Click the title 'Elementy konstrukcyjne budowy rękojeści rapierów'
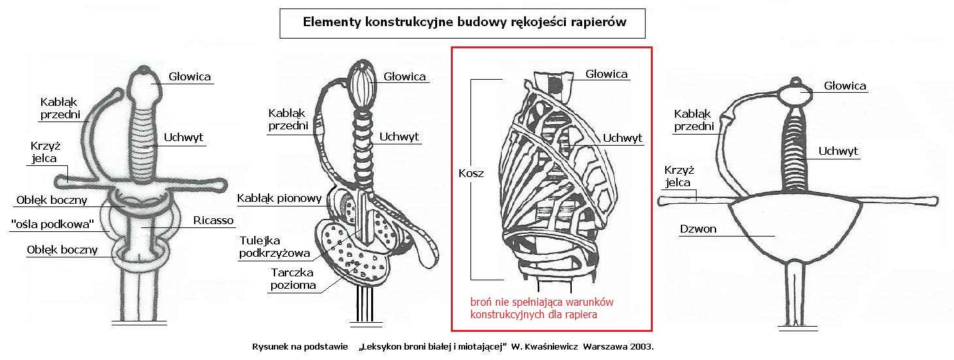point(464,22)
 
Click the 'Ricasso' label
point(213,220)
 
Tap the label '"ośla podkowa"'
point(52,224)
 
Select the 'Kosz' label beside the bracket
point(471,173)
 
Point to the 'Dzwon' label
point(698,229)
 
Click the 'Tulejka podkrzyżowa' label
point(274,247)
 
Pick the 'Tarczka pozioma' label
point(293,279)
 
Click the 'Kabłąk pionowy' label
point(280,198)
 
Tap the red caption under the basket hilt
point(542,308)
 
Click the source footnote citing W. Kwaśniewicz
point(453,347)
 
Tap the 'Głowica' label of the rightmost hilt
point(845,86)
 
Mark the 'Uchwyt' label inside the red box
point(622,138)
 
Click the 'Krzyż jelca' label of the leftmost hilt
point(44,152)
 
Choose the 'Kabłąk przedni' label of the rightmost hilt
point(694,120)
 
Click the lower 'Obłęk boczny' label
point(62,250)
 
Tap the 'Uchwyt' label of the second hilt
point(399,137)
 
